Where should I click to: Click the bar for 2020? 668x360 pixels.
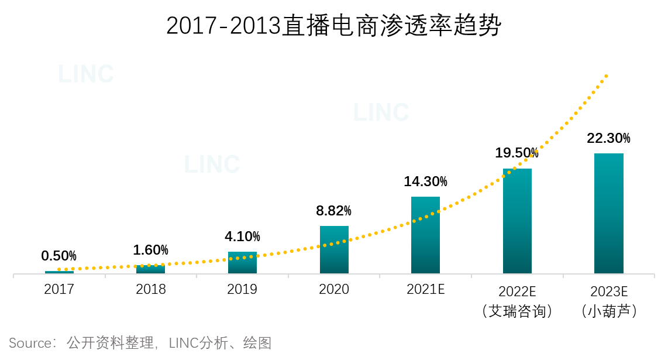point(334,250)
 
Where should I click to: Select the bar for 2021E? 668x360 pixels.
point(425,235)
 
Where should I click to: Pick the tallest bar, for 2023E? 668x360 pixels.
point(608,214)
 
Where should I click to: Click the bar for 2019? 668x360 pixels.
point(242,263)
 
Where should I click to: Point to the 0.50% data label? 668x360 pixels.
point(58,256)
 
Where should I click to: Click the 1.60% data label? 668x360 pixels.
point(150,250)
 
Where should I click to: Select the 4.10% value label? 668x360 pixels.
point(242,236)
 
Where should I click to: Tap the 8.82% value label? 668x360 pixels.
point(333,211)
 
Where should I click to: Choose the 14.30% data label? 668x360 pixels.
point(425,181)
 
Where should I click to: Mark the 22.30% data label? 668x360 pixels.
point(608,138)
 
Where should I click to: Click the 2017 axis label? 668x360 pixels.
point(59,289)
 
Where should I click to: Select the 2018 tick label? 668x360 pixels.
point(151,289)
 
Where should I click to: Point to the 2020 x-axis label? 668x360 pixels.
point(334,289)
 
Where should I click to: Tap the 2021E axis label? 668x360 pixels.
point(425,289)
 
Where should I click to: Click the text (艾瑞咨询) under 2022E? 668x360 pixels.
point(517,311)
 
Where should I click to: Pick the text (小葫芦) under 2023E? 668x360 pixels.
point(609,311)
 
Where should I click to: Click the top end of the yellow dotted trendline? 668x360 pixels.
point(607,76)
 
